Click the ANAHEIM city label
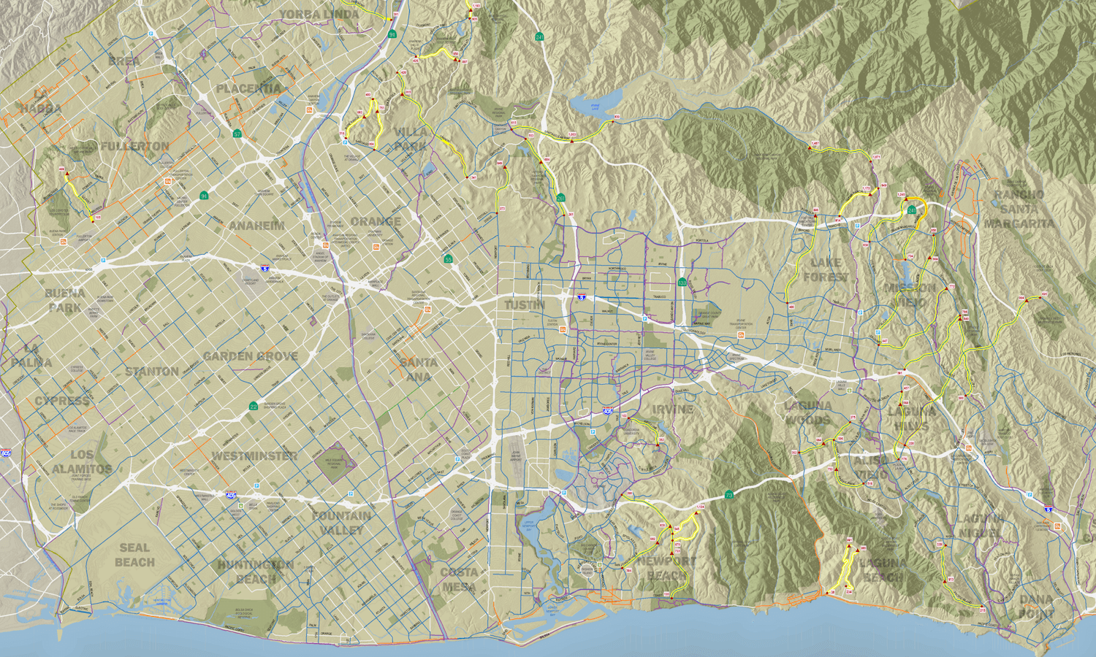[x=256, y=226]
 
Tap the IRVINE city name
[x=673, y=409]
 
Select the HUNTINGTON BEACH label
[x=256, y=572]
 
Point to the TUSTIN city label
[x=525, y=304]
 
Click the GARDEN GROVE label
[x=251, y=356]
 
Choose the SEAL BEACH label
[x=134, y=555]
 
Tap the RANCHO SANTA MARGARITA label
[x=1019, y=209]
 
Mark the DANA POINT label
[x=1036, y=607]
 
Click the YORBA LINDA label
[x=320, y=15]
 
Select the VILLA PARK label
[x=411, y=139]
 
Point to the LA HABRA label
[x=40, y=101]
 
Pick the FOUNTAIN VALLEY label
[x=341, y=523]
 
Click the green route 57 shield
[x=237, y=134]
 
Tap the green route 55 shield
[x=448, y=259]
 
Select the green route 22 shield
[x=254, y=407]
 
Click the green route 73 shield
[x=729, y=496]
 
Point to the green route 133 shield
[x=682, y=283]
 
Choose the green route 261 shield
[x=561, y=198]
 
